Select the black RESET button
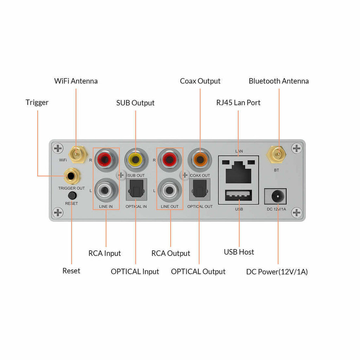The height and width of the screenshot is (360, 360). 72,195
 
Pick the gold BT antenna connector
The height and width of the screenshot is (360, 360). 276,154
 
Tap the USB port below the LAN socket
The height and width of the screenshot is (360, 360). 239,195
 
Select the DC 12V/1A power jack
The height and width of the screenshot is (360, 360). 276,196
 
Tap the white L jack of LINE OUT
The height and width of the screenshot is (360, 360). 170,190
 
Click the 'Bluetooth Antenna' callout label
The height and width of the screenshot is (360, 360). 279,81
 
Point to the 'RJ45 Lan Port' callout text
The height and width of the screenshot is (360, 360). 238,103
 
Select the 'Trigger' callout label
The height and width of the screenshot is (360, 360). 37,103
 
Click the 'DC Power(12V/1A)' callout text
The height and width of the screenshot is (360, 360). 277,272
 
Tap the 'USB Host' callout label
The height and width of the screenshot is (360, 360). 239,252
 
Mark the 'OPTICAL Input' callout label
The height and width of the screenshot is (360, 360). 135,272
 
